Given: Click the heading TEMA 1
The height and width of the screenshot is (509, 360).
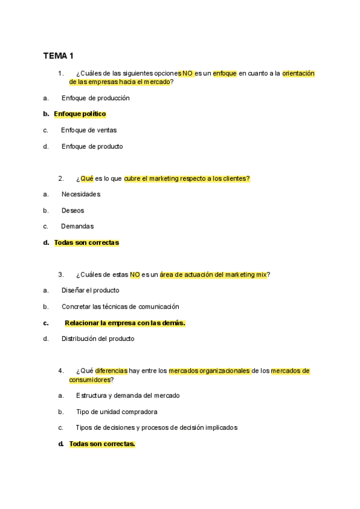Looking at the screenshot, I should pos(58,56).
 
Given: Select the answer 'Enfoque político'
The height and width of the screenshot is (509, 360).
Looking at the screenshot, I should pos(80,113).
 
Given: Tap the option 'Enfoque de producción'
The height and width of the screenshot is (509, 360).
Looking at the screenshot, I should pos(95,98).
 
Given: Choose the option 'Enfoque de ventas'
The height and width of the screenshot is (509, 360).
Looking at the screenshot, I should pos(89,130).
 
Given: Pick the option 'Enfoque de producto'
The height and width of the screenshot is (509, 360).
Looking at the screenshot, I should pos(92,146).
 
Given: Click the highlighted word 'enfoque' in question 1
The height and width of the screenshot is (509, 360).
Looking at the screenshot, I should pos(225,73).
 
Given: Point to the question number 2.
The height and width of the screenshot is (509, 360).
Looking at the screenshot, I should pos(61,178).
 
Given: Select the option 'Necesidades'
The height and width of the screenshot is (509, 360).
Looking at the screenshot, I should pos(81,194).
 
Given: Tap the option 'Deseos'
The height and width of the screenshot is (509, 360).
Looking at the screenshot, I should pos(73,210).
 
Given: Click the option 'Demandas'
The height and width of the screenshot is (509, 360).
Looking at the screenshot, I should pos(77,226).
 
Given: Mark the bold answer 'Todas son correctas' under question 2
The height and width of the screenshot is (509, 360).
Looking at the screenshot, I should pos(86,242).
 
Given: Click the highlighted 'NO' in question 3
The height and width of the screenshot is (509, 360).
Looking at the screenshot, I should pos(135,274).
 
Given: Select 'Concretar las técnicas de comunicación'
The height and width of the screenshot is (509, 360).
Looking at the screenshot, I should pos(120,306).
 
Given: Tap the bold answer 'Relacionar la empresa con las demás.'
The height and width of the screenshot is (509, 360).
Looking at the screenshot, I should pos(125,323).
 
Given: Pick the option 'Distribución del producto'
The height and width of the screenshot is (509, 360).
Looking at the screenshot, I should pos(98,339).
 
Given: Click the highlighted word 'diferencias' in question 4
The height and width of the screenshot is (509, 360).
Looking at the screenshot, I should pos(111,371).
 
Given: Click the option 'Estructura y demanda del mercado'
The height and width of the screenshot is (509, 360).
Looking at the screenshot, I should pos(128,396).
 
